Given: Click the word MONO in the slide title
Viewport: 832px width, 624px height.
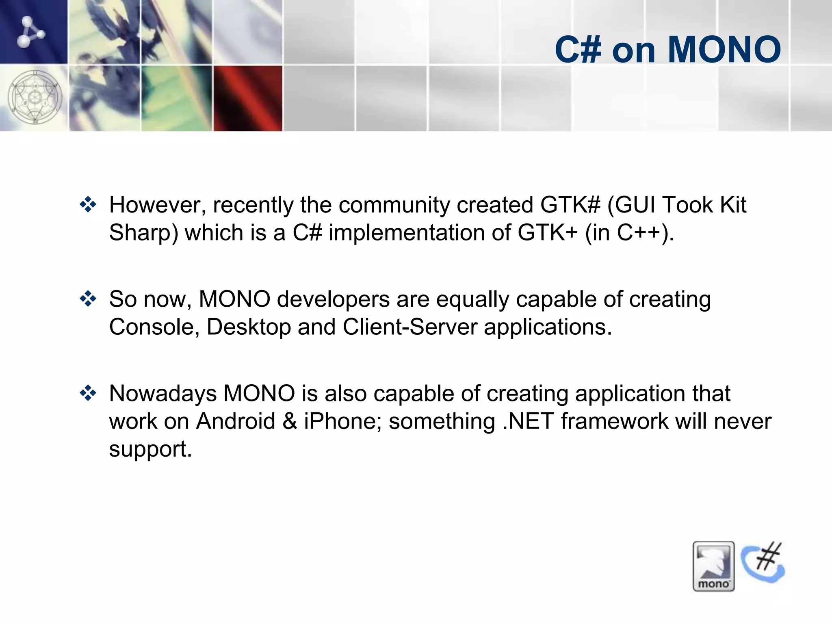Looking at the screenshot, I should point(724,50).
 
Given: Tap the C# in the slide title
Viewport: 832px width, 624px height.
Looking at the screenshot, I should point(578,50).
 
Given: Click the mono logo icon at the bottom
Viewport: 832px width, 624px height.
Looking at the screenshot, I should point(713,566).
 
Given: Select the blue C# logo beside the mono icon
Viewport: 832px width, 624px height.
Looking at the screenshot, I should point(763,563).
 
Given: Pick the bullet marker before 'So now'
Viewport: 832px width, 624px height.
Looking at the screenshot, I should point(88,299).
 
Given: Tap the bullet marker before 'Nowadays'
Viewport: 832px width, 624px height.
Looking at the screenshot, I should point(88,393).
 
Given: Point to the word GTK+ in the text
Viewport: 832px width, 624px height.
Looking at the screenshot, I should point(547,232).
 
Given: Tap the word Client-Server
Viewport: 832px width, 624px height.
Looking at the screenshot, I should point(409,327).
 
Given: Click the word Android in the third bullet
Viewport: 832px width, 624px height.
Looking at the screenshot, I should point(236,421).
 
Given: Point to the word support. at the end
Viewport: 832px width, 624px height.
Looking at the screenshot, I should point(150,449).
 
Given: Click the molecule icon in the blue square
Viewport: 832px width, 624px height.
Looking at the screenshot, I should point(30,32).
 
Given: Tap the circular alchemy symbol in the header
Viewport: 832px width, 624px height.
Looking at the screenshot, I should point(35,97).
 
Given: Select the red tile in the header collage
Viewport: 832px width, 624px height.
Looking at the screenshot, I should point(248,98).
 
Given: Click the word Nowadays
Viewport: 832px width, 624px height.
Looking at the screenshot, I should point(162,393).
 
